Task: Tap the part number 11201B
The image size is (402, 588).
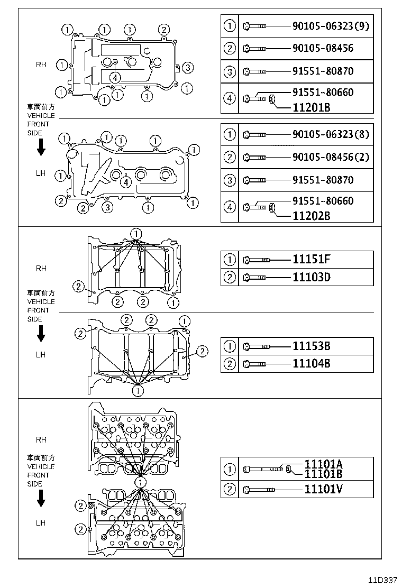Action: pyautogui.click(x=312, y=108)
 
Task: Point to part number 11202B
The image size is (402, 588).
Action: pyautogui.click(x=312, y=216)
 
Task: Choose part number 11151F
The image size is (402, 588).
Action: pyautogui.click(x=312, y=260)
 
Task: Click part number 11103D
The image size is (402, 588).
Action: pyautogui.click(x=312, y=277)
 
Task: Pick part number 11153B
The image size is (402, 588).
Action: pyautogui.click(x=312, y=346)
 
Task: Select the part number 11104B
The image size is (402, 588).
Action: pyautogui.click(x=312, y=364)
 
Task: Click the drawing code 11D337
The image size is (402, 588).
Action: pyautogui.click(x=382, y=580)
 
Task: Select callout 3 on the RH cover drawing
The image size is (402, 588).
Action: pyautogui.click(x=189, y=67)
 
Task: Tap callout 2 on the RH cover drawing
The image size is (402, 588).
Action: pyautogui.click(x=164, y=30)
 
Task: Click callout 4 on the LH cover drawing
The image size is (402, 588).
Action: pyautogui.click(x=125, y=182)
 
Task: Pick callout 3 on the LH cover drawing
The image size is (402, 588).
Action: pyautogui.click(x=107, y=207)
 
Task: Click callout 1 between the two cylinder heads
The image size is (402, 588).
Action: pyautogui.click(x=140, y=482)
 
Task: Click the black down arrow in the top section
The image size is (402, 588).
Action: pyautogui.click(x=41, y=150)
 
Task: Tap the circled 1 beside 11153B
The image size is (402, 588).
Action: pyautogui.click(x=230, y=346)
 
